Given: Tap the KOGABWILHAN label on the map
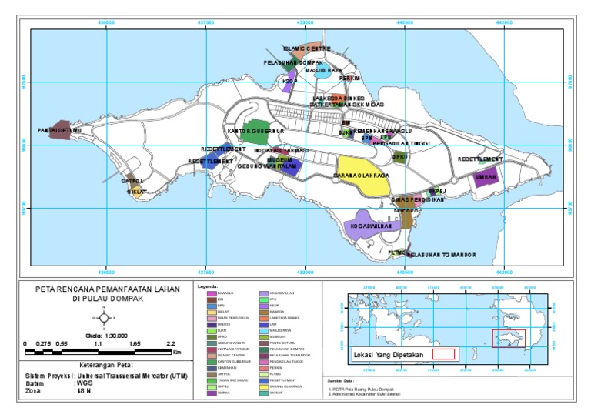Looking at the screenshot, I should (x=371, y=226).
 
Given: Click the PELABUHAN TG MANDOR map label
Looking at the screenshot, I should (x=442, y=255).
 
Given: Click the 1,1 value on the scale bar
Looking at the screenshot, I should (x=98, y=345).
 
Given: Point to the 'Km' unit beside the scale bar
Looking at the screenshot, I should (x=177, y=352).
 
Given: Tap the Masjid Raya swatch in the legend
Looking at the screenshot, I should (x=264, y=330).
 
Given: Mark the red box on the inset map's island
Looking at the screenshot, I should (x=509, y=339).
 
